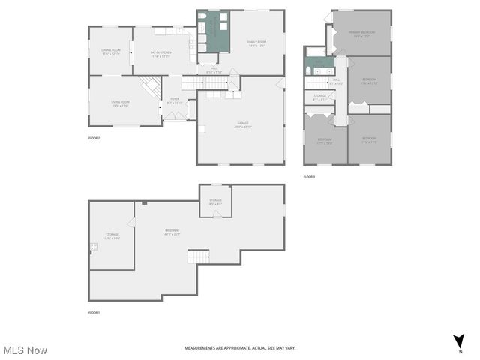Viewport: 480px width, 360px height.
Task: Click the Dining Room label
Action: coord(111,52)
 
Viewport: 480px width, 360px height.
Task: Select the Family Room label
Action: coord(257,43)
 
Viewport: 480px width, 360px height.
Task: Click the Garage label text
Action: coord(243,125)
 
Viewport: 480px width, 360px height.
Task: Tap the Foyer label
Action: coord(174,100)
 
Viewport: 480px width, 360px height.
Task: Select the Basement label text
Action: coord(172,232)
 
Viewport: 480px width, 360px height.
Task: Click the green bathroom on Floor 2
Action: coord(213,31)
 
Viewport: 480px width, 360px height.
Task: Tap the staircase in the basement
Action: coord(197,257)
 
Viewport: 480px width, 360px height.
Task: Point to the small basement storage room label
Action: coord(215,202)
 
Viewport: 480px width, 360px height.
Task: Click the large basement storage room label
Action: coord(112,236)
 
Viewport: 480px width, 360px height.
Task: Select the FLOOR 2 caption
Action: coord(94,139)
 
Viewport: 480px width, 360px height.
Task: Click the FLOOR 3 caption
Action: coord(309,177)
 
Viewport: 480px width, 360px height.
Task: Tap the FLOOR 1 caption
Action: coord(94,312)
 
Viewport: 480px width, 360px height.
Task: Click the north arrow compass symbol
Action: coord(458,342)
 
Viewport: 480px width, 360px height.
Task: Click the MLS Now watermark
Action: coord(25,350)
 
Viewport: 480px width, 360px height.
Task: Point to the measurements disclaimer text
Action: coord(240,348)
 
